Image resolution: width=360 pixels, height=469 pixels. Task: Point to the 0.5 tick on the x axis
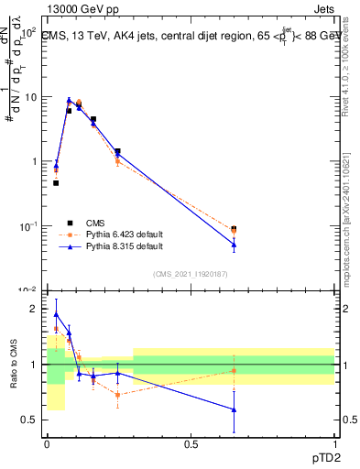191,443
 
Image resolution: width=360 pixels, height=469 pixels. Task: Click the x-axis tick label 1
334,443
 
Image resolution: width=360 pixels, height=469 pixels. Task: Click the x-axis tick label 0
47,443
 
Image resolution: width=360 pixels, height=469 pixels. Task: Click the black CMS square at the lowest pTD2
56,183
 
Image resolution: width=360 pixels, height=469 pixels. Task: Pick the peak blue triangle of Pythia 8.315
69,101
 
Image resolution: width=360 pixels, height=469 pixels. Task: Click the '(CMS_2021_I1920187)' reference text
191,273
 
